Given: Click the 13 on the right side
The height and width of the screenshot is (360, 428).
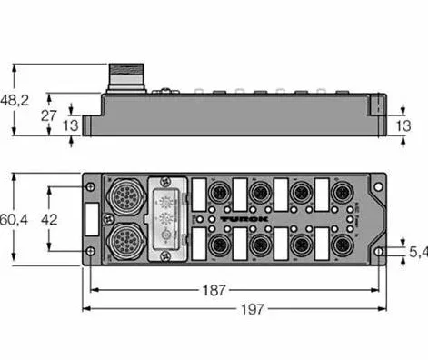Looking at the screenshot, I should (x=410, y=124).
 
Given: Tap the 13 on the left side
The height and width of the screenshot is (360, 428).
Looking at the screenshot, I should (x=70, y=124).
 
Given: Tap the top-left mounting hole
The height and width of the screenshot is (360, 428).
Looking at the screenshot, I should (x=90, y=186).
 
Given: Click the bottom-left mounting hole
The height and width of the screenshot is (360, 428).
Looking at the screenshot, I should (x=90, y=252).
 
